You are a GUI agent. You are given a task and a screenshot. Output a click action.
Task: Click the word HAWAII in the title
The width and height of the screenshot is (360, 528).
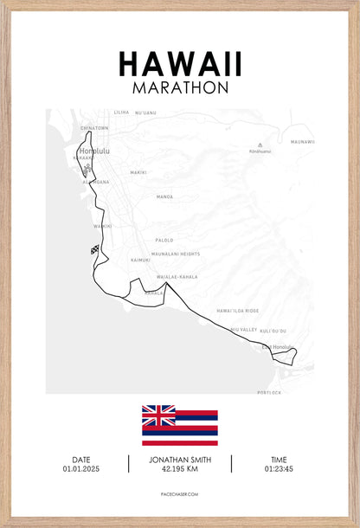click(x=180, y=63)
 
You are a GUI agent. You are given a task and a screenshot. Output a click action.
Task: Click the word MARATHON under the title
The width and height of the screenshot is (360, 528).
click(x=180, y=87)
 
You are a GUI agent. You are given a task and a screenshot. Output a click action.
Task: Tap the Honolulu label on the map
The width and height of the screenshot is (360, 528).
click(x=94, y=151)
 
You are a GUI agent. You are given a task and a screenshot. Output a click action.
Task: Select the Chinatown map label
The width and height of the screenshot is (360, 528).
click(x=94, y=128)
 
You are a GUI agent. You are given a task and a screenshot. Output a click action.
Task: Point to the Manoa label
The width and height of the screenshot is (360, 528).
click(x=164, y=196)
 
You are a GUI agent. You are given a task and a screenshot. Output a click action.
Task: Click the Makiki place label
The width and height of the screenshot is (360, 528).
click(x=138, y=172)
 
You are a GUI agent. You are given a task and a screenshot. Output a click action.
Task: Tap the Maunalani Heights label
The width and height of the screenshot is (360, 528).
click(x=175, y=254)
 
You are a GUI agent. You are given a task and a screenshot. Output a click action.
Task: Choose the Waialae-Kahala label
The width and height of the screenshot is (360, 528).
click(x=177, y=277)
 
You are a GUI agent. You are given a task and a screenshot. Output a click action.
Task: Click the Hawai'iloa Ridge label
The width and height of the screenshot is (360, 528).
click(x=237, y=310)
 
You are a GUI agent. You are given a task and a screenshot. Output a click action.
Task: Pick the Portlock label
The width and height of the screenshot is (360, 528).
click(x=269, y=392)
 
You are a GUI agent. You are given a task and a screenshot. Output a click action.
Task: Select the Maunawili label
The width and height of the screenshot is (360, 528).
click(x=302, y=141)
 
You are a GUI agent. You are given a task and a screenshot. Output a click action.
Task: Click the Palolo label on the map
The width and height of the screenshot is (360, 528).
click(x=164, y=240)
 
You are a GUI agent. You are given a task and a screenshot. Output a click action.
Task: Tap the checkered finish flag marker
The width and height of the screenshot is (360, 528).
click(x=94, y=250)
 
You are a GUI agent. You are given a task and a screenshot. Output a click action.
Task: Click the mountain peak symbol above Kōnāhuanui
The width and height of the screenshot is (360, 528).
click(x=260, y=145)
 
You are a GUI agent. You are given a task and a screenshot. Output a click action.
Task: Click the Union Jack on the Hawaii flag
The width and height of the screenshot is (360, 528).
click(x=158, y=415)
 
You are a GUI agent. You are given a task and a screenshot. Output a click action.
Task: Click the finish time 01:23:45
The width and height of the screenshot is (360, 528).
click(x=279, y=468)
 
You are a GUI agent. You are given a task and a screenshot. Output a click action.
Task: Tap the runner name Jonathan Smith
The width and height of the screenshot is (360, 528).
click(x=180, y=460)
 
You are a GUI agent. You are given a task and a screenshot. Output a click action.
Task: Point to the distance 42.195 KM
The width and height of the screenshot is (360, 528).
click(x=180, y=469)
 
